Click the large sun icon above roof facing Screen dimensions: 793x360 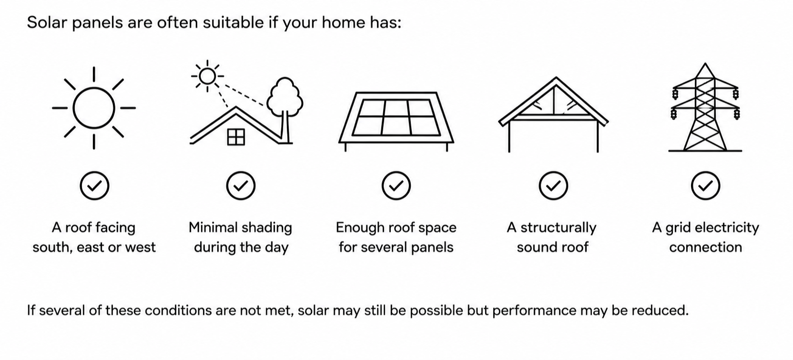[94, 108]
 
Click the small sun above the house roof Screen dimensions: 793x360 [207, 76]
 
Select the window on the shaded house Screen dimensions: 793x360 [236, 137]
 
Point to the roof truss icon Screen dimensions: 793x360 [553, 114]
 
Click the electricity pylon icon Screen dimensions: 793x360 [705, 107]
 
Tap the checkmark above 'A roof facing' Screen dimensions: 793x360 [94, 186]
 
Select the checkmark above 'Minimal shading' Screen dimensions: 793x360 [241, 186]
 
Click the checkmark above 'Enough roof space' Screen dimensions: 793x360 [396, 186]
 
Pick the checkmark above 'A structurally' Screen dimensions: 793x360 [553, 186]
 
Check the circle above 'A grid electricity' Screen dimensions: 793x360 [706, 186]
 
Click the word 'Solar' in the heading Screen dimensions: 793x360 [47, 22]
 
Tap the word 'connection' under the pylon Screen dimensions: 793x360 [706, 248]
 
